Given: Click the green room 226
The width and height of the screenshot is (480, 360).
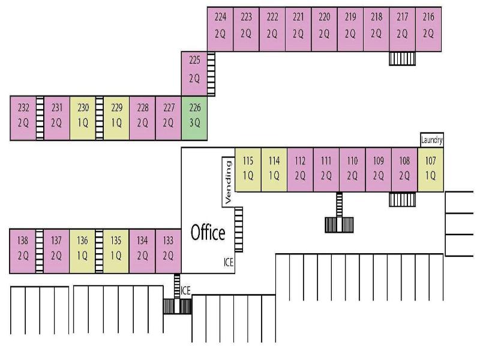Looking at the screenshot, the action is point(194,118).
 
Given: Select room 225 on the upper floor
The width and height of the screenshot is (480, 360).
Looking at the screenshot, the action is point(194,74).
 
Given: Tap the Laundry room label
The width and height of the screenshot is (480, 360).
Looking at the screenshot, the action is point(431,140).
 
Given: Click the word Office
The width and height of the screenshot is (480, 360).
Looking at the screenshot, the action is point(208,232).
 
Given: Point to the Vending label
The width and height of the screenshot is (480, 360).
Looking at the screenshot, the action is point(228,182).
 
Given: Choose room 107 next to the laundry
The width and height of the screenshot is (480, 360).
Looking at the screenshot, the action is point(430,170).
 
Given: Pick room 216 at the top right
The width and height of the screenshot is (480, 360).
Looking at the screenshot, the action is point(428,29).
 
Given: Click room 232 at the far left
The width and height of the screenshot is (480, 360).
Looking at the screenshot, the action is point(23,118).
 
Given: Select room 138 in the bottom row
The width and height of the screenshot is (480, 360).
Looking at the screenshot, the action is point(23,251).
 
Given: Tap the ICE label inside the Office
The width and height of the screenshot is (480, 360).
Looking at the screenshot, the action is point(229,262).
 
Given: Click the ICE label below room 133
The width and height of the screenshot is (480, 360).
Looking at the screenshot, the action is point(185,290).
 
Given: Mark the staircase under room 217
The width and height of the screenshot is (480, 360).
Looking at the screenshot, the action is point(402,58).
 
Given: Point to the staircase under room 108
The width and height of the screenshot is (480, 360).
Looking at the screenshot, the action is point(402,199).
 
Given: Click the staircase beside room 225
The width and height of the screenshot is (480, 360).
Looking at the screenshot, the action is point(211,74).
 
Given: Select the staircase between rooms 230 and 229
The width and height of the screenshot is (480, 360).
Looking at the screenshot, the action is point(99,118).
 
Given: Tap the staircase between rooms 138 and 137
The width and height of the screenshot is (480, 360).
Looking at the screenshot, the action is point(40,251).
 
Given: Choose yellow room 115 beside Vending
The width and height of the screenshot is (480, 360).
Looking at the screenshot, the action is point(248,170).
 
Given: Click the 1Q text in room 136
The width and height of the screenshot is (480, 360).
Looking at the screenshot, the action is point(82,256).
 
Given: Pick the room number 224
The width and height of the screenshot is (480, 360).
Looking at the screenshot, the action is point(220,17).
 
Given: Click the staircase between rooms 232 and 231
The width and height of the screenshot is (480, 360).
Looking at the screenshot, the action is point(40,118).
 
